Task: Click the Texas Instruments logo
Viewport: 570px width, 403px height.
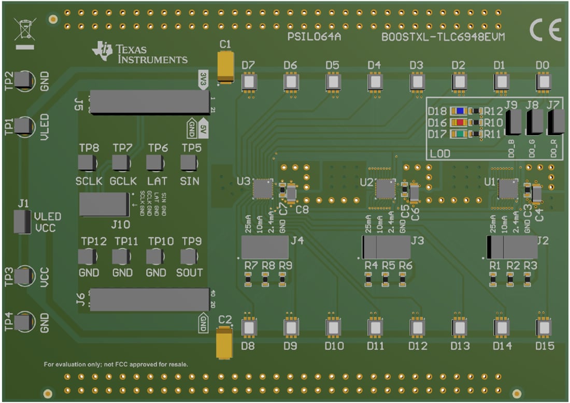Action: pos(139,52)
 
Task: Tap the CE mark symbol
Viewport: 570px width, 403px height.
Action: pos(545,31)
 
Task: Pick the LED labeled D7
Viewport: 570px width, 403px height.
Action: pos(249,82)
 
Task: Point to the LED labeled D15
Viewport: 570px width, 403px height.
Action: pos(544,328)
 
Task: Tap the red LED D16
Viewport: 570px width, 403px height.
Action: pos(458,123)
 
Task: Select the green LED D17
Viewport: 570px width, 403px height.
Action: pos(458,134)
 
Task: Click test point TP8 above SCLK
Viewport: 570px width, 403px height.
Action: pos(87,163)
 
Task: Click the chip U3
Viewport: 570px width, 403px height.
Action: pos(262,189)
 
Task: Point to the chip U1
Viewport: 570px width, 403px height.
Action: pos(507,189)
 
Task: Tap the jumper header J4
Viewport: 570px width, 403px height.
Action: pos(265,248)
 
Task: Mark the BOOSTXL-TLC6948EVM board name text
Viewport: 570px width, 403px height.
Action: pos(443,37)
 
